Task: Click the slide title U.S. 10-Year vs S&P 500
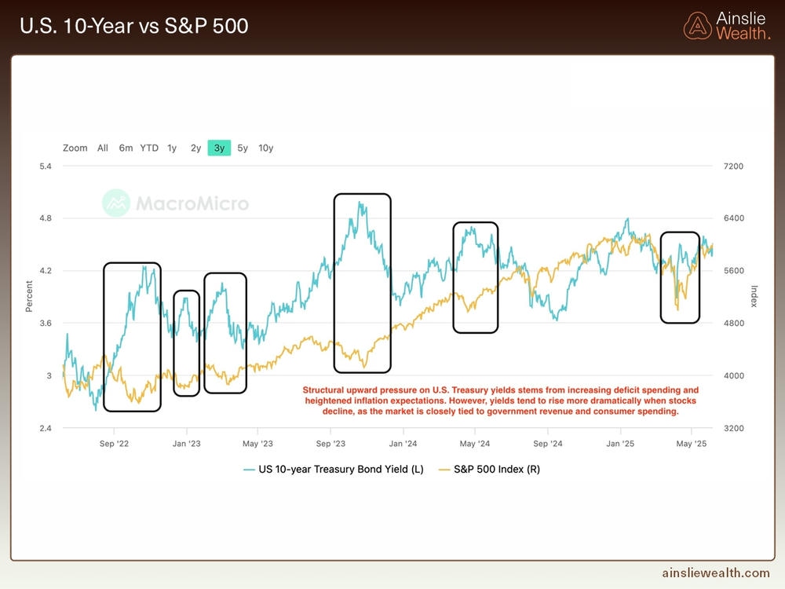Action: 133,26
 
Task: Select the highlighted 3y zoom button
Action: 219,148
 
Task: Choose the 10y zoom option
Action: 266,148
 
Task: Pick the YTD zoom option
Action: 149,148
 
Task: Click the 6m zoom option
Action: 126,148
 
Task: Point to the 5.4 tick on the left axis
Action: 46,166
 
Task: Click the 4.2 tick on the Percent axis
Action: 46,271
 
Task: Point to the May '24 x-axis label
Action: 475,444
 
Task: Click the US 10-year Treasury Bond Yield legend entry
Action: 334,470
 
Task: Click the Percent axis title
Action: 29,297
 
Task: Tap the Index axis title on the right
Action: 754,297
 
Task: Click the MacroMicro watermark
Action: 176,203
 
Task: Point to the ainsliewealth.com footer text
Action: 715,574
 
